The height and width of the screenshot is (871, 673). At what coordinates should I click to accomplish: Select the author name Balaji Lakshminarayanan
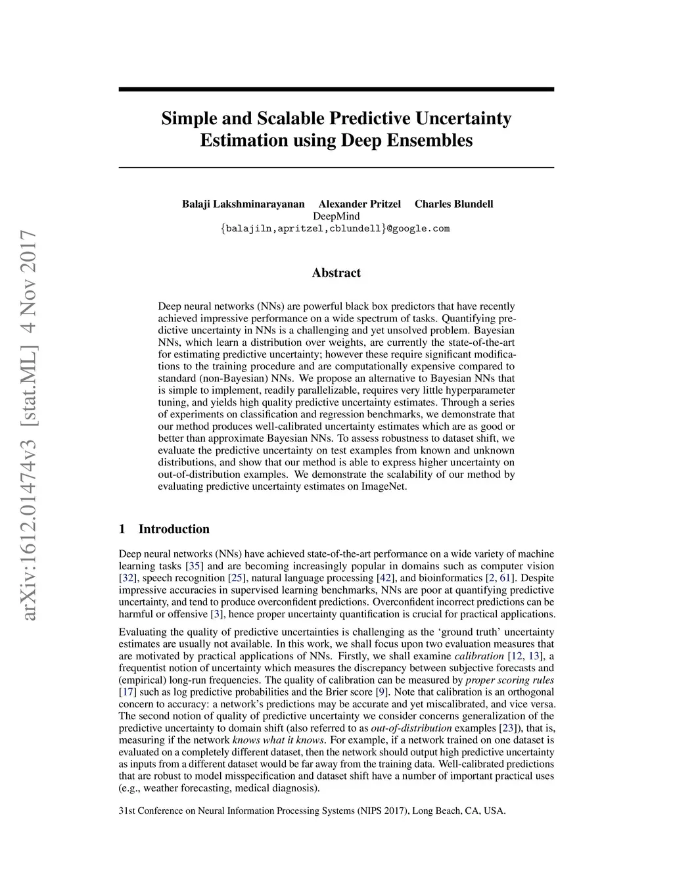[x=243, y=204]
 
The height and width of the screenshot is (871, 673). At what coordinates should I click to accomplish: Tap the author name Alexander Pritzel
[x=360, y=204]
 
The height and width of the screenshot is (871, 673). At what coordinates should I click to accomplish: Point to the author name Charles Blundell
[x=453, y=204]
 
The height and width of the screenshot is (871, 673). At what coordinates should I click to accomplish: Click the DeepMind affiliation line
[x=336, y=216]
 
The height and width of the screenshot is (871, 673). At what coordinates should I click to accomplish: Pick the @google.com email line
[x=336, y=229]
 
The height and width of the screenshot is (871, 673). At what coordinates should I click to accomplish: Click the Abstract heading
[x=336, y=273]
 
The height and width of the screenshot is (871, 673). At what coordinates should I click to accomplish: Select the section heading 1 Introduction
[x=164, y=529]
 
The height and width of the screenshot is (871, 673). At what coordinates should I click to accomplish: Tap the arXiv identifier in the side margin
[x=28, y=426]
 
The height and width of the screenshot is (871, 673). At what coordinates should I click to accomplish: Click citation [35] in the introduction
[x=195, y=566]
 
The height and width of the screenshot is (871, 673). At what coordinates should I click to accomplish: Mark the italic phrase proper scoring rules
[x=509, y=680]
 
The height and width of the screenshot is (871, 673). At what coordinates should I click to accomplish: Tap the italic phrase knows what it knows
[x=279, y=740]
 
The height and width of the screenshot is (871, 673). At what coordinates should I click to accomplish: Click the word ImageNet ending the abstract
[x=384, y=486]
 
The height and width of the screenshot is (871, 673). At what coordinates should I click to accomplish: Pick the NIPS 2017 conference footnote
[x=312, y=811]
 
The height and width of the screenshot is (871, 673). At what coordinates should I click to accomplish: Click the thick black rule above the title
[x=336, y=89]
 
